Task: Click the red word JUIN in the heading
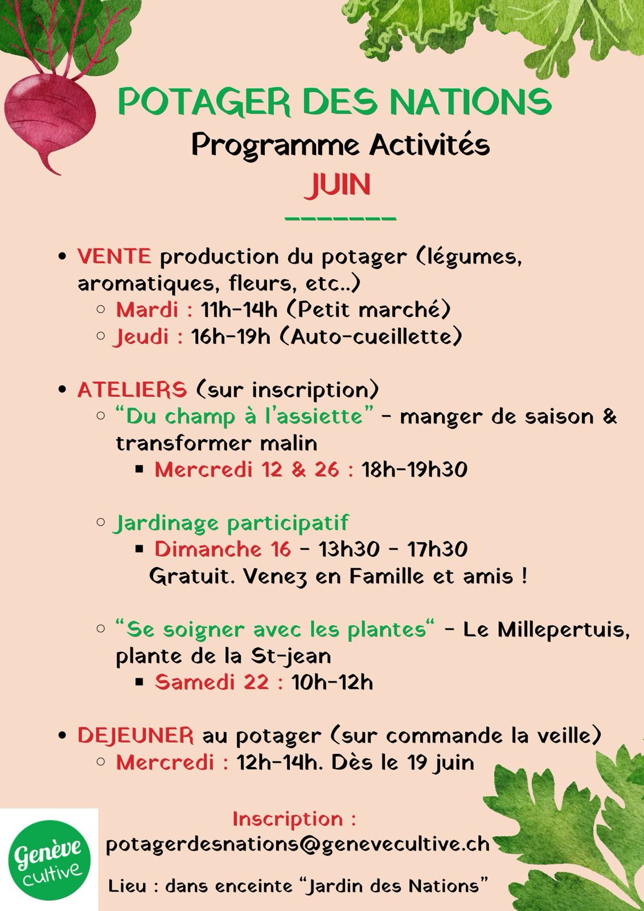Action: (x=337, y=185)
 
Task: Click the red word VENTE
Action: (x=114, y=256)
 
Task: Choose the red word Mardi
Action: (x=147, y=310)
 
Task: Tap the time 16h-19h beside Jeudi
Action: (x=231, y=337)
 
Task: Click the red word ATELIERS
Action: (x=132, y=389)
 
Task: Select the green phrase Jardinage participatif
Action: (x=231, y=524)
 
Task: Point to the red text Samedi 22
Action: (x=212, y=682)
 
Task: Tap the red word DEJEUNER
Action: (x=136, y=735)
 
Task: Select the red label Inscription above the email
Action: (x=288, y=819)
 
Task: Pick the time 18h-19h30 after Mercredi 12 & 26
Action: (x=415, y=469)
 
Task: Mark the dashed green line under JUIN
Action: (x=340, y=219)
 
